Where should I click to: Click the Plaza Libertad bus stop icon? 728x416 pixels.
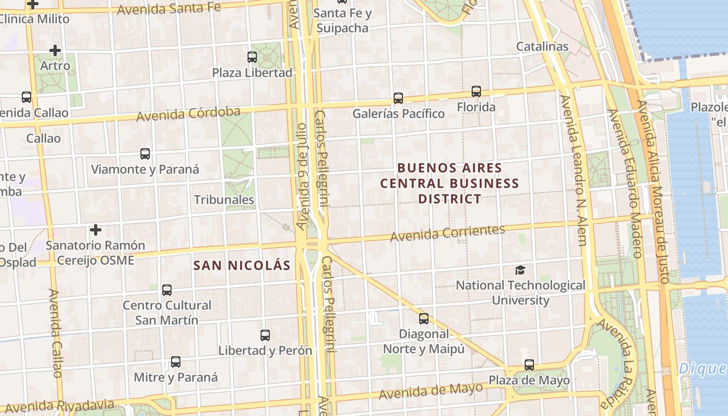pyautogui.click(x=252, y=57)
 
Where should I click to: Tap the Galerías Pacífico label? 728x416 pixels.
pyautogui.click(x=398, y=113)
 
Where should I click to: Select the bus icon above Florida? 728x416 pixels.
pyautogui.click(x=476, y=92)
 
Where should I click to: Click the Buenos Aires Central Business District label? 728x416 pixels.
pyautogui.click(x=450, y=184)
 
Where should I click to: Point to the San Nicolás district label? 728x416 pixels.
pyautogui.click(x=242, y=265)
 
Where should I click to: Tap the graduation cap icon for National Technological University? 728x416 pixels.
pyautogui.click(x=520, y=270)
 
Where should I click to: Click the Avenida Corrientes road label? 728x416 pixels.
pyautogui.click(x=447, y=233)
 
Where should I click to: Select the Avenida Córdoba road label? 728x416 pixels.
pyautogui.click(x=188, y=114)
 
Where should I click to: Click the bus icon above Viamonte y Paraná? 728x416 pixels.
pyautogui.click(x=145, y=154)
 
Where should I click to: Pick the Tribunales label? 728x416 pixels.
pyautogui.click(x=224, y=200)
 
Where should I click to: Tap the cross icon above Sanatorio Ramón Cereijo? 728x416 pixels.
pyautogui.click(x=96, y=229)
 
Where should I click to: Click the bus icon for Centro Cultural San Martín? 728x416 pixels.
pyautogui.click(x=167, y=290)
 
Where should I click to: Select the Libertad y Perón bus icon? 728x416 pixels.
pyautogui.click(x=265, y=335)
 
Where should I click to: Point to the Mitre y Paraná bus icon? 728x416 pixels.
pyautogui.click(x=176, y=362)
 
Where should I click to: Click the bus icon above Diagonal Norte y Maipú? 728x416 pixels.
pyautogui.click(x=424, y=319)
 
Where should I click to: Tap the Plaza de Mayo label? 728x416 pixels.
pyautogui.click(x=529, y=380)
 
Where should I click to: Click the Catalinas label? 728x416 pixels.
pyautogui.click(x=542, y=46)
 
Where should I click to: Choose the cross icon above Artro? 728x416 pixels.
pyautogui.click(x=55, y=50)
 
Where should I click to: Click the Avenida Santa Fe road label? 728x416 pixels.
pyautogui.click(x=168, y=8)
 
